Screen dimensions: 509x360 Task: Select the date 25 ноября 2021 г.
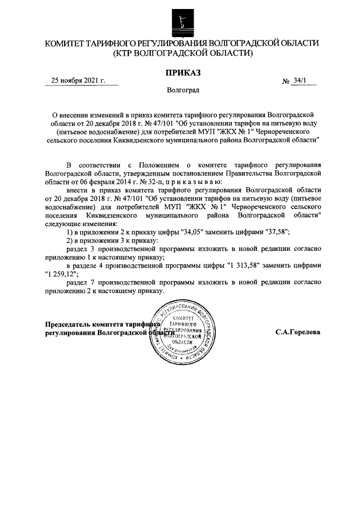pos(78,80)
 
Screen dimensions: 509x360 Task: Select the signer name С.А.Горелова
pos(298,332)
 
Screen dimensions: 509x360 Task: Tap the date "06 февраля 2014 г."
pos(103,182)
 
